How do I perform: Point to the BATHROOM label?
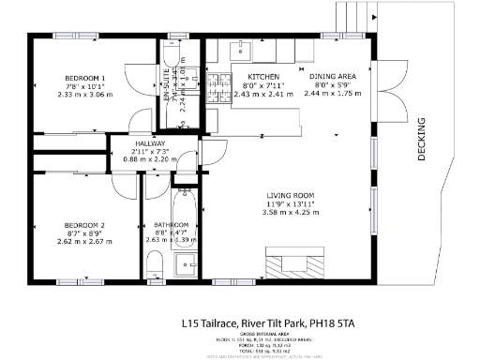pos(172,224)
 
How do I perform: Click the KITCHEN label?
pos(256,77)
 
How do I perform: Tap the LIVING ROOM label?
pos(288,194)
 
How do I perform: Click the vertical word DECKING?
pos(421,138)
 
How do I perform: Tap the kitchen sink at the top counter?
pos(240,45)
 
